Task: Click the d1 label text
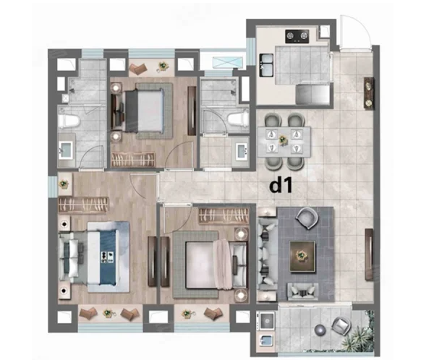(x=281, y=186)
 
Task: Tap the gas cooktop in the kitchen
(x=297, y=36)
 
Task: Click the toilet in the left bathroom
(x=69, y=121)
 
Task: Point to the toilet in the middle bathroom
(x=238, y=118)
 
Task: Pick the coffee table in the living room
(x=302, y=257)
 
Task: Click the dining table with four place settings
(x=284, y=142)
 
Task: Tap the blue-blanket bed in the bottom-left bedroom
(x=94, y=257)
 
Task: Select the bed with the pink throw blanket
(x=210, y=265)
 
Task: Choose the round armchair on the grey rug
(x=307, y=218)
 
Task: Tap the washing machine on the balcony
(x=267, y=320)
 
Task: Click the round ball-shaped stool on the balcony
(x=320, y=330)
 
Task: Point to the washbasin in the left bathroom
(x=66, y=150)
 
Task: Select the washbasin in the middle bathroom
(x=243, y=152)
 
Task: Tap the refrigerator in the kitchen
(x=313, y=94)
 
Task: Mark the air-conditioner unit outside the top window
(x=228, y=61)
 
